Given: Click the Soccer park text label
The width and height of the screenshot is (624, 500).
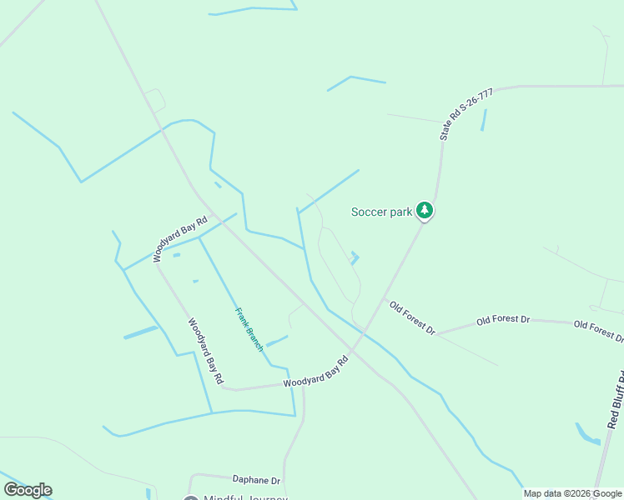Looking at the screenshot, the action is pyautogui.click(x=381, y=212).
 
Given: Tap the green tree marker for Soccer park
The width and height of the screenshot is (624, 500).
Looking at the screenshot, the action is pyautogui.click(x=425, y=211).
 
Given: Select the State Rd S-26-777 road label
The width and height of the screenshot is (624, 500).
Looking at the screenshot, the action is pyautogui.click(x=466, y=114).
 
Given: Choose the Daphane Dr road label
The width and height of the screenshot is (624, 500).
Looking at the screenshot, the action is pyautogui.click(x=256, y=480).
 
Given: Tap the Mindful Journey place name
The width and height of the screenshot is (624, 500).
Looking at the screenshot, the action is pyautogui.click(x=245, y=497).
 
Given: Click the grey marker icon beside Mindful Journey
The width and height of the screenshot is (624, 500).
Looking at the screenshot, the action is pyautogui.click(x=191, y=498).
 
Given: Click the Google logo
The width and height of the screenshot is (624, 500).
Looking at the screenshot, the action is pyautogui.click(x=28, y=490).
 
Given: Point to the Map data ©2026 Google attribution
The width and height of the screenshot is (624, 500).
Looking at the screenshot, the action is pyautogui.click(x=572, y=493).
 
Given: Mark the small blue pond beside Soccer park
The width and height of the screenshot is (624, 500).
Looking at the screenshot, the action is pyautogui.click(x=355, y=258).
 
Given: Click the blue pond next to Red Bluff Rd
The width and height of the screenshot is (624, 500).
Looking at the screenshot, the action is pyautogui.click(x=586, y=434).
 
